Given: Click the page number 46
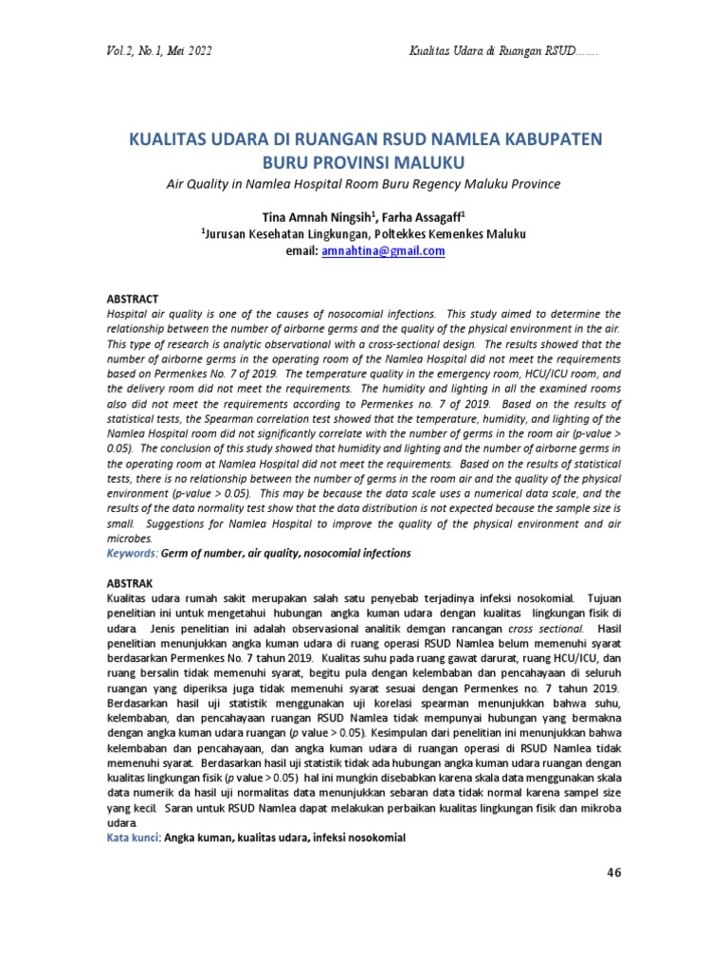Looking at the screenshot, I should point(612,872).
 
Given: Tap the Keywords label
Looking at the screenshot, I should point(131,552).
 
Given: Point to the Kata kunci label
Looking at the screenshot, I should point(132,838).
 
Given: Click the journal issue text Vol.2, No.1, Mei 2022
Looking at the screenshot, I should point(161,50).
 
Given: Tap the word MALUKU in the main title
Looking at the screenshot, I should point(423,161).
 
